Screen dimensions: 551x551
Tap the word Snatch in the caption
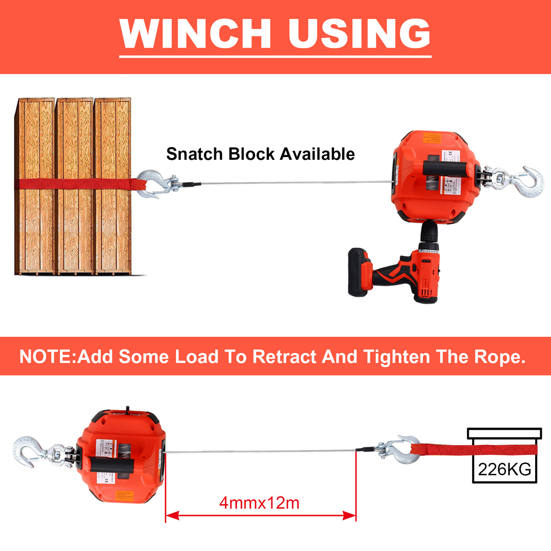(x=195, y=154)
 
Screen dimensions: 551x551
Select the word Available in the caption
(x=317, y=154)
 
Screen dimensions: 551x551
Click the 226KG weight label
(x=504, y=469)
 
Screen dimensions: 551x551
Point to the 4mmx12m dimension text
(x=259, y=503)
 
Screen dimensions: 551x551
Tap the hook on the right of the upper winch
(x=529, y=182)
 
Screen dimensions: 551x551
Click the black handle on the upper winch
(x=445, y=169)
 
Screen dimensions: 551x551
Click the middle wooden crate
(x=74, y=186)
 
